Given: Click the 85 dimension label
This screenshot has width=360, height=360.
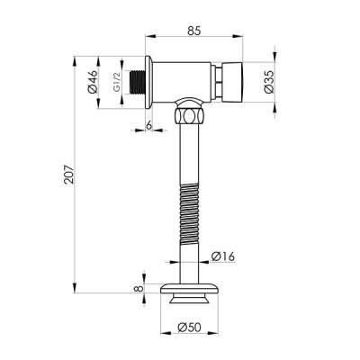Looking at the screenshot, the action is (x=194, y=31).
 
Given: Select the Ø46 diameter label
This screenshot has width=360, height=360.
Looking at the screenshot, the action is (x=92, y=82).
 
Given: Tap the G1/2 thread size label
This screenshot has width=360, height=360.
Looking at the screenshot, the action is (x=117, y=82).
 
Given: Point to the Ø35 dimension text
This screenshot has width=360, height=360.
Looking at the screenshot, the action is (x=268, y=82).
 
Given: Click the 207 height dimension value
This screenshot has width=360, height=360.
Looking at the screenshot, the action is (x=68, y=174).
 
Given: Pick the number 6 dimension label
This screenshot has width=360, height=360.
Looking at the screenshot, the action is (x=148, y=126).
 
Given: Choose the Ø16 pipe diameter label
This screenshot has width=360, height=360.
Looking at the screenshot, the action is (x=223, y=256).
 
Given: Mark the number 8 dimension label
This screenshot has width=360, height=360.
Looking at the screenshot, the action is (x=139, y=289).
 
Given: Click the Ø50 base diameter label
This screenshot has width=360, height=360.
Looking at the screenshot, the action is (x=189, y=328).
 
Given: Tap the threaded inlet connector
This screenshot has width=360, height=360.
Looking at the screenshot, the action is (x=137, y=82).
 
